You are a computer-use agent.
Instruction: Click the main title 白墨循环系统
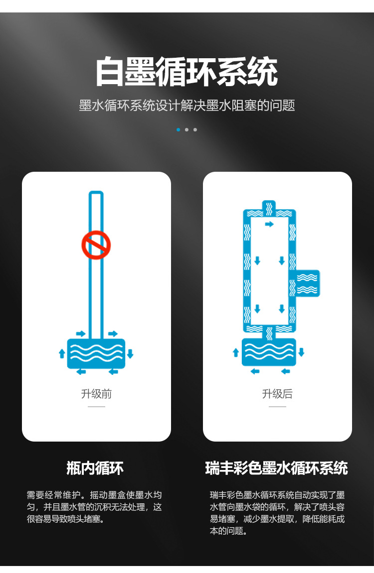187,72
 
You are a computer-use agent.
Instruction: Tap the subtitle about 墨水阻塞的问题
187,105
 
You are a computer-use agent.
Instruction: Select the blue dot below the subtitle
178,130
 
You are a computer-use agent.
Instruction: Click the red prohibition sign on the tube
96,245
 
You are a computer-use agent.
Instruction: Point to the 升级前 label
96,394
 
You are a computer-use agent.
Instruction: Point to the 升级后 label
277,394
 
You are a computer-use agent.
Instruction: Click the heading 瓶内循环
95,468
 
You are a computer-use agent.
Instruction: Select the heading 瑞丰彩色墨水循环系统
277,468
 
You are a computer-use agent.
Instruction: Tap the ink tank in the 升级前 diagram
96,353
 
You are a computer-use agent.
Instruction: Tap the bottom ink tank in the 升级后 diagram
269,352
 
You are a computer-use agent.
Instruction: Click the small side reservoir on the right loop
307,283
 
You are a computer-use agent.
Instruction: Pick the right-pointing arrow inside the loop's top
269,224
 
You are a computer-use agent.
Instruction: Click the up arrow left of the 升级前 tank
62,353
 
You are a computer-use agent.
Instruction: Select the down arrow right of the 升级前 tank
130,353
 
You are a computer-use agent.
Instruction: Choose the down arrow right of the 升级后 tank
302,352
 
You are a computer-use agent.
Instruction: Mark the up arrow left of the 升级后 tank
236,352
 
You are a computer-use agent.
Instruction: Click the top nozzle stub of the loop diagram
269,206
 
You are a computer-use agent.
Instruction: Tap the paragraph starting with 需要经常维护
94,507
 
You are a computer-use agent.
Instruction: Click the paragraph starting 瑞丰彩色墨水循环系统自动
277,513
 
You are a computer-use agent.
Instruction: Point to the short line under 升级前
96,406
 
